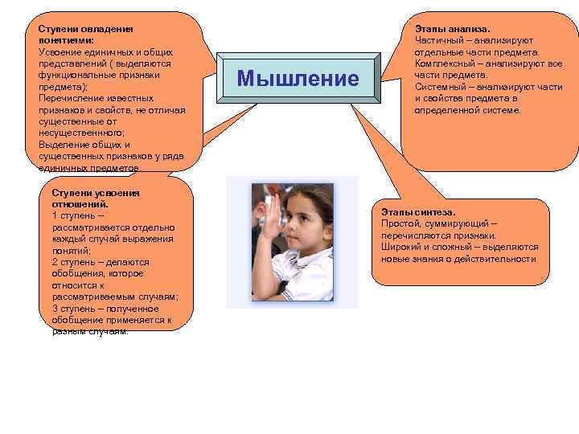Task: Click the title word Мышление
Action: tap(298, 79)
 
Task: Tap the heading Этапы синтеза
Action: tap(418, 212)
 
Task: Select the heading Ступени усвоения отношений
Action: tap(95, 199)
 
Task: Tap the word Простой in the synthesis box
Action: tap(400, 224)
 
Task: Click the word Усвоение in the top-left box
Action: tap(60, 52)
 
